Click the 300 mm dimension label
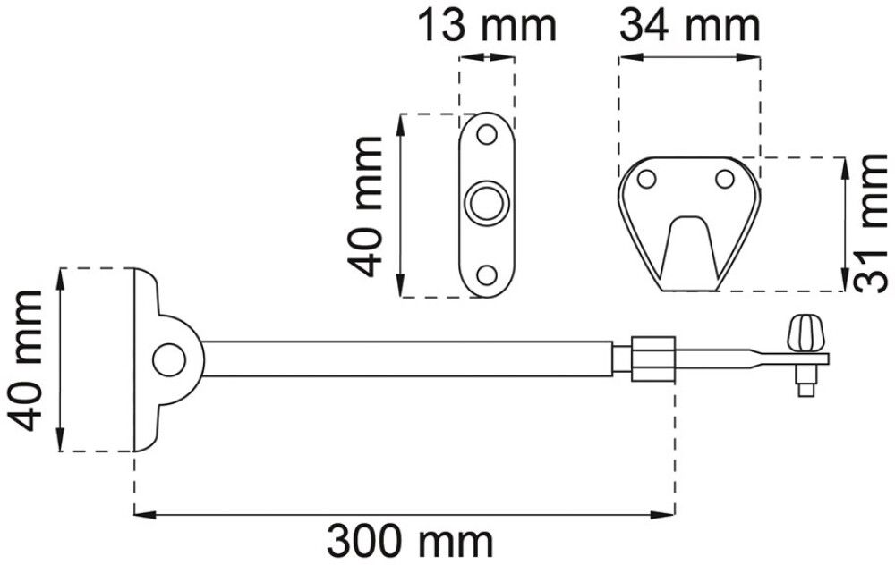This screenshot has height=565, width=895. [409, 542]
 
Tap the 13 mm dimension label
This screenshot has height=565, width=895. [488, 26]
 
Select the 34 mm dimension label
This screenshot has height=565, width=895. [689, 26]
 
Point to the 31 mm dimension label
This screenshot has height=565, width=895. [872, 223]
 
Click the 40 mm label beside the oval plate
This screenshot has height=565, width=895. [365, 207]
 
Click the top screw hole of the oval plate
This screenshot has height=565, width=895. [487, 135]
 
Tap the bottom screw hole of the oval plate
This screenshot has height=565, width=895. [487, 275]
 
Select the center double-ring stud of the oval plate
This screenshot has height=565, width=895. [487, 204]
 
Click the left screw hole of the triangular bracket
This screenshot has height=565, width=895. [647, 179]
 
